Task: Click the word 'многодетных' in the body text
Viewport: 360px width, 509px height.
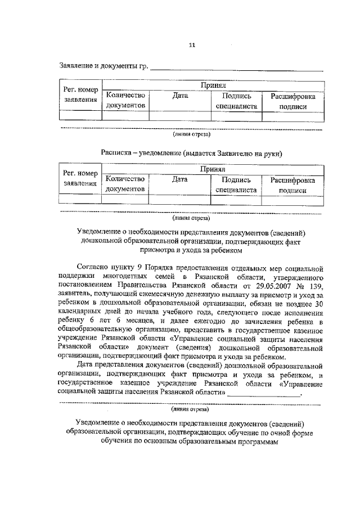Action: tap(125, 277)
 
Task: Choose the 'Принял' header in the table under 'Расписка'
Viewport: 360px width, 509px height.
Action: tap(213, 169)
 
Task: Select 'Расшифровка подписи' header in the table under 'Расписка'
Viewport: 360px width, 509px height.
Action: tap(292, 185)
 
